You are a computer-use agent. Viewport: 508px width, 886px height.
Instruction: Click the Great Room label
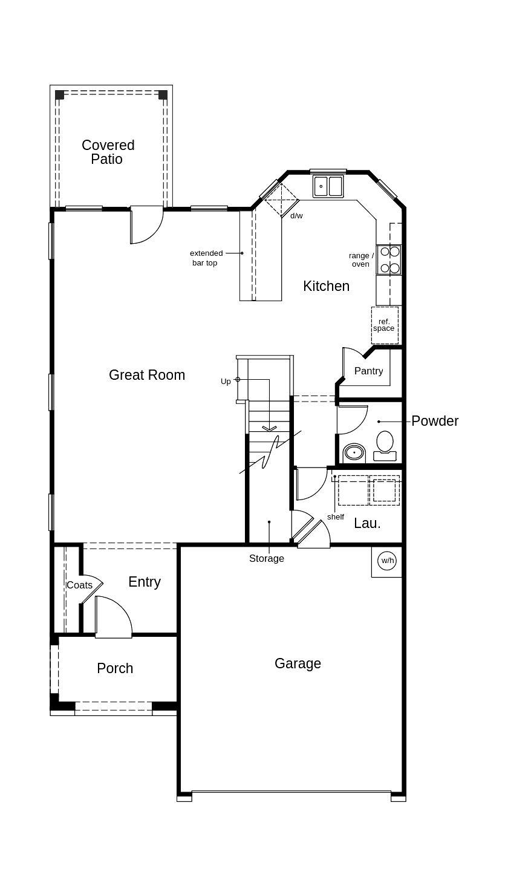coord(147,375)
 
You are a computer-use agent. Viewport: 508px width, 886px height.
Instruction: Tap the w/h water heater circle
coord(387,561)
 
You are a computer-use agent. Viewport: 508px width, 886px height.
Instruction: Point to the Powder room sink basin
coord(354,452)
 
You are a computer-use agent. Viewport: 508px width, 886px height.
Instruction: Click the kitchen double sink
coord(328,186)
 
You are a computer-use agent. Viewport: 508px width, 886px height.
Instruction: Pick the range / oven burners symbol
coord(389,259)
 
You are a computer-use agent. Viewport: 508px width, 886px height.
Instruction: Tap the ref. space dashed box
coord(384,325)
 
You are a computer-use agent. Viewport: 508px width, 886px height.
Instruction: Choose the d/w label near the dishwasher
coord(296,216)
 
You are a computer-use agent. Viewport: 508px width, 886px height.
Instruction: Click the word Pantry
coord(368,371)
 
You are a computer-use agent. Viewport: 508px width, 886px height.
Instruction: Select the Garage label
coord(298,663)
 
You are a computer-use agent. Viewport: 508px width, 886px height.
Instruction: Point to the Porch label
coord(115,668)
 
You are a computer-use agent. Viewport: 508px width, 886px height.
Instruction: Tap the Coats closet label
coord(79,585)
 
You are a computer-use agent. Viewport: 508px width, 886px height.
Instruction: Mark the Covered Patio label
coord(108,152)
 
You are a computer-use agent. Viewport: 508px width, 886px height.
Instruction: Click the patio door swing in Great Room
coord(146,225)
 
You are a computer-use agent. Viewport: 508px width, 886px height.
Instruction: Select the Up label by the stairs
coord(226,382)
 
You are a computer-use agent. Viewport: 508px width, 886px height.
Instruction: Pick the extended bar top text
coord(206,258)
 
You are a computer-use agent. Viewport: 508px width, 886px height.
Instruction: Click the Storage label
coord(267,558)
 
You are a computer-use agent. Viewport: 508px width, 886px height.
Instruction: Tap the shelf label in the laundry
coord(336,517)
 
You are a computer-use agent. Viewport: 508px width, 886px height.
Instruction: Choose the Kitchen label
coord(326,286)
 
